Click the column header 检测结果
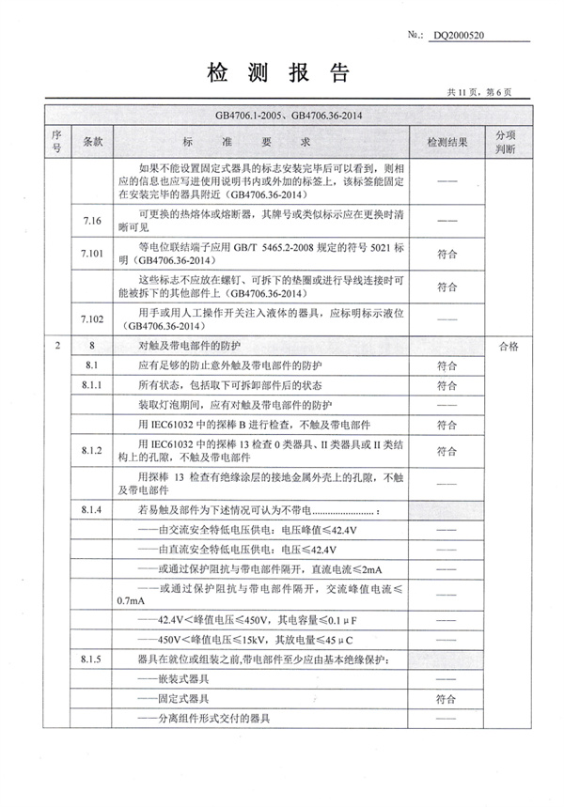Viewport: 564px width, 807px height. [x=447, y=141]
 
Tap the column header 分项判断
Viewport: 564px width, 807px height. [x=506, y=141]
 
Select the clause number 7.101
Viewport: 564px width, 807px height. [x=92, y=253]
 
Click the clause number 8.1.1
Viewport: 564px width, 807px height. [x=92, y=384]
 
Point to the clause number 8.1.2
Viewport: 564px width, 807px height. [x=92, y=451]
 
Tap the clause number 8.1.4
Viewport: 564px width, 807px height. [x=92, y=510]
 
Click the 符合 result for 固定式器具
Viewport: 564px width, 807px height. [x=447, y=699]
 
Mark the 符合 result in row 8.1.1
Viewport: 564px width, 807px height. [x=447, y=384]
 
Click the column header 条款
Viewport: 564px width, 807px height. [x=92, y=141]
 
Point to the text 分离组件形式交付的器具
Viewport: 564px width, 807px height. [x=203, y=719]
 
